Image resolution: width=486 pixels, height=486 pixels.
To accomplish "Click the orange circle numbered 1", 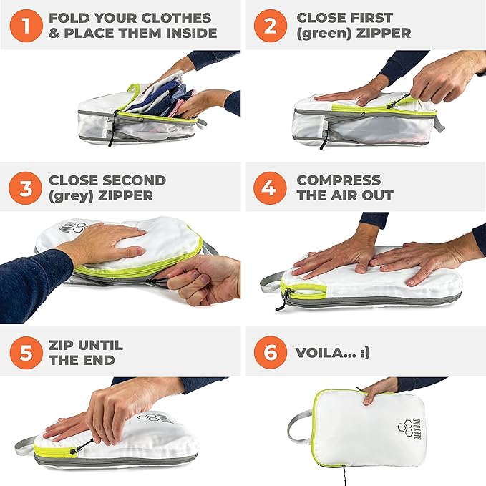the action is (x=26, y=26).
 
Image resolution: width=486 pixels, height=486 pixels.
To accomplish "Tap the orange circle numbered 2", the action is (x=271, y=26).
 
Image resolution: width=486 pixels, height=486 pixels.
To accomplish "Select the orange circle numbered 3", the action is (x=26, y=188).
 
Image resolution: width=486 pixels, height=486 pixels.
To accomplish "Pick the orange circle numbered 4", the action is (x=270, y=188).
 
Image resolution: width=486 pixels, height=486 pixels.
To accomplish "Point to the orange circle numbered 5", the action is (x=26, y=352).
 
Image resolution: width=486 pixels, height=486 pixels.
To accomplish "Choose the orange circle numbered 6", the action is (x=271, y=352).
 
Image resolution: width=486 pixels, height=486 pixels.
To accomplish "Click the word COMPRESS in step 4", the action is (x=339, y=180).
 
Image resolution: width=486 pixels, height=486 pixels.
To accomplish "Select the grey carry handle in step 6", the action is (x=299, y=426).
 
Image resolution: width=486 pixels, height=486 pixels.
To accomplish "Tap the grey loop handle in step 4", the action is (x=271, y=281).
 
